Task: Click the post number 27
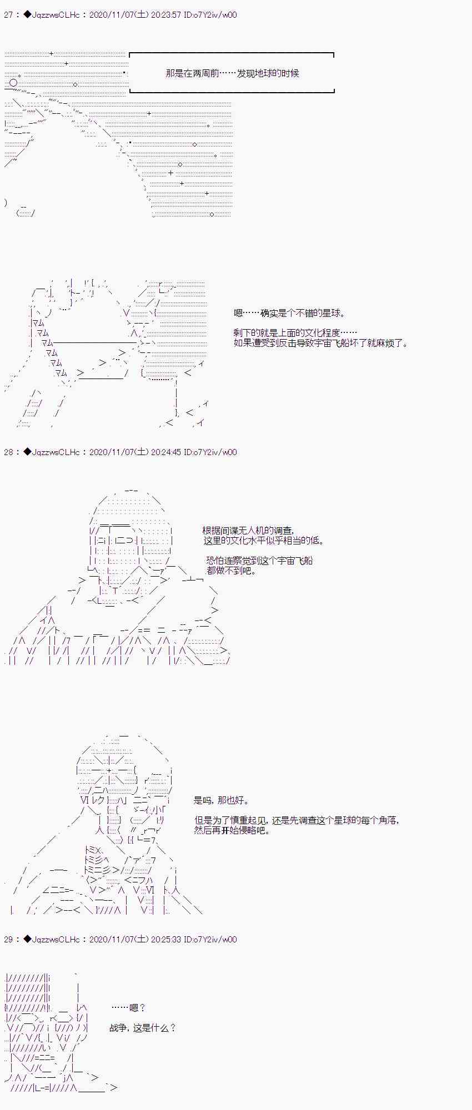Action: click(x=8, y=15)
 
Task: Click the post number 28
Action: click(x=8, y=452)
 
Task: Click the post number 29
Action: click(x=8, y=940)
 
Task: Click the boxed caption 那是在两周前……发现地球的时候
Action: click(x=232, y=73)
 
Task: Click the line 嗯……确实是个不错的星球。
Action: click(x=289, y=314)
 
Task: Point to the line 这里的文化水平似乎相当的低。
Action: click(x=264, y=541)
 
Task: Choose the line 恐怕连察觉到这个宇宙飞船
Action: click(x=259, y=561)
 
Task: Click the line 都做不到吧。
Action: click(x=231, y=571)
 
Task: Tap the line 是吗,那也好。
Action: click(x=222, y=801)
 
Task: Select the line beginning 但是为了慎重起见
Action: click(x=297, y=821)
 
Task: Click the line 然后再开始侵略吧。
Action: click(x=232, y=831)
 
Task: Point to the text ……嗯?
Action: click(x=128, y=1008)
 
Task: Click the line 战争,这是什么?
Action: click(x=143, y=1028)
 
